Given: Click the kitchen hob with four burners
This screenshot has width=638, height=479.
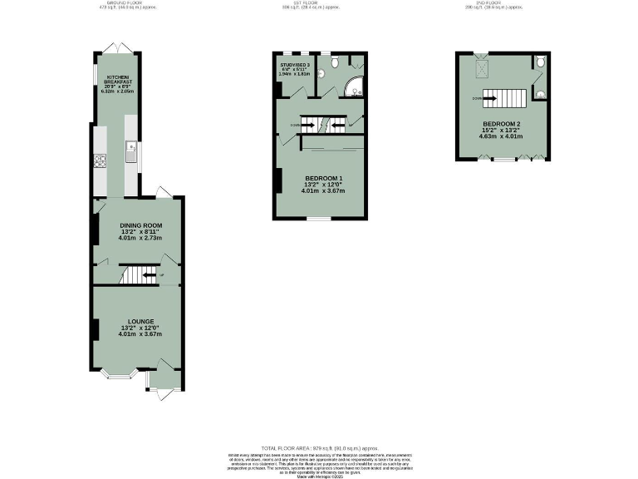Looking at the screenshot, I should click(x=101, y=161).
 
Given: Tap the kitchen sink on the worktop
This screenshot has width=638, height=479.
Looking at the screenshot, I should click(x=131, y=151).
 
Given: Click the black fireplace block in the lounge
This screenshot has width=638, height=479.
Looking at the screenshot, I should click(x=96, y=329).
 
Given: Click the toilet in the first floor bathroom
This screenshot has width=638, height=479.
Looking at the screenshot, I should click(x=331, y=62).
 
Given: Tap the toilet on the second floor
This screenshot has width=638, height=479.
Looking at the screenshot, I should click(x=540, y=62).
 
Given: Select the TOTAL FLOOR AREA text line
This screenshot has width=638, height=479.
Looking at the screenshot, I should click(x=318, y=447).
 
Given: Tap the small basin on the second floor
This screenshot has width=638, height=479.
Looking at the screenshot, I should click(x=540, y=93).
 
